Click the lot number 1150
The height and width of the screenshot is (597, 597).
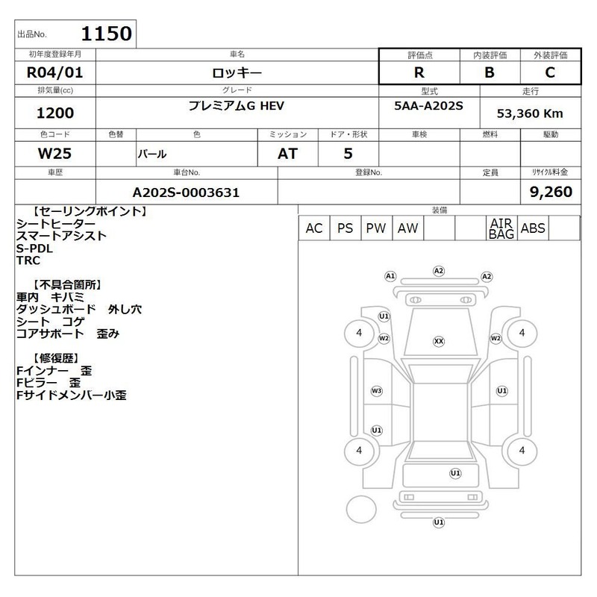[107, 34]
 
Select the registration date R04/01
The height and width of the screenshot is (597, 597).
[54, 72]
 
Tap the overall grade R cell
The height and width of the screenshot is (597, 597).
[419, 72]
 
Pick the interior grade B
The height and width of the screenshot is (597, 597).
[490, 72]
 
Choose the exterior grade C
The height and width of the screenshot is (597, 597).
[550, 72]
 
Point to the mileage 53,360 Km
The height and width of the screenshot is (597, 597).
[530, 113]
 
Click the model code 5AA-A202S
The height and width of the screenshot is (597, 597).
[428, 105]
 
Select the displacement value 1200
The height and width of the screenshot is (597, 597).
[55, 113]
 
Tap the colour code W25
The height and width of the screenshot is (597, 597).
[54, 154]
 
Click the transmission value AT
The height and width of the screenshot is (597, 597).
[287, 154]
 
